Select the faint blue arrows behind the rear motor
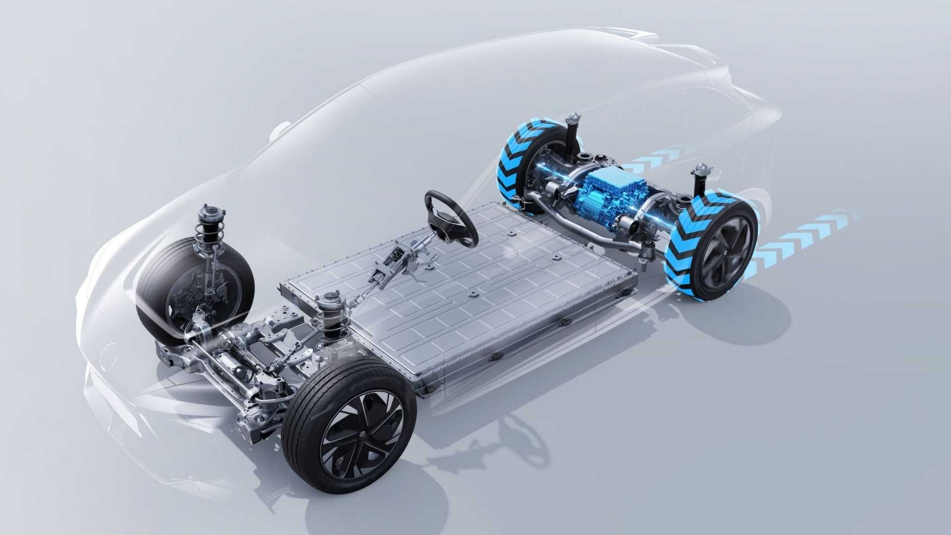click(x=654, y=161)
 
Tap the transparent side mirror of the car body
click(x=280, y=129)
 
